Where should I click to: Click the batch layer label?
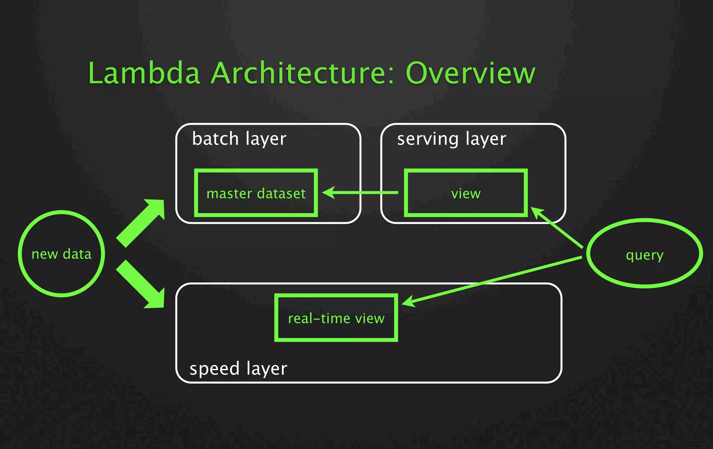[x=239, y=139]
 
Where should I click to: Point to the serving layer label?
[x=452, y=139]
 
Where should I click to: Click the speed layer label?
[x=238, y=369]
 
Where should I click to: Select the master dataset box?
[x=256, y=193]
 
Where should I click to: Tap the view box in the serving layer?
[x=466, y=193]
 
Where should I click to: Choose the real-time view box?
[x=336, y=318]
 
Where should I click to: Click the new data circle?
[x=61, y=254]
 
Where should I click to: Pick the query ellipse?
[x=644, y=254]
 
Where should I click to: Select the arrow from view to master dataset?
[x=362, y=192]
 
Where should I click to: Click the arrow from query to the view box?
[x=557, y=228]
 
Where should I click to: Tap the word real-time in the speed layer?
[x=319, y=318]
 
